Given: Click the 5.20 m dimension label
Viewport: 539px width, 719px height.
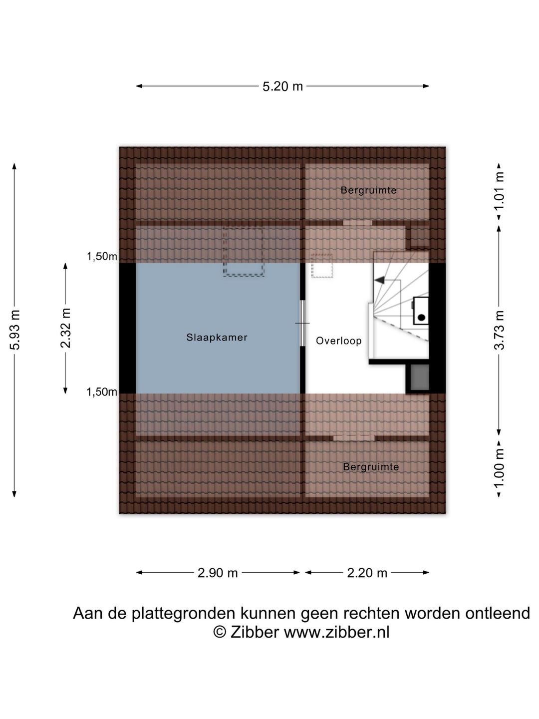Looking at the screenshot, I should (x=282, y=86).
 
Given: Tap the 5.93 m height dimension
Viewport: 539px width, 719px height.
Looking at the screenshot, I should (x=15, y=330).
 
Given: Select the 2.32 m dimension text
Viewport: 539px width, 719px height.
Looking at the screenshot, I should (x=65, y=328).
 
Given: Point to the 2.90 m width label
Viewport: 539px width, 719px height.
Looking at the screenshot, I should (x=218, y=573).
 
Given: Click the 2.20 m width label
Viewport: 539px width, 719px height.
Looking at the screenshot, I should (x=367, y=573).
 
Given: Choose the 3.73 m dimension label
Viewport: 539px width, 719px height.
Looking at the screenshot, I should (x=499, y=330).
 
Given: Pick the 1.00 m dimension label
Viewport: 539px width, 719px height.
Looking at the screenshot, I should (x=499, y=468).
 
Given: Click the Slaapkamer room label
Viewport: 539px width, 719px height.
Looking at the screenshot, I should (x=217, y=338).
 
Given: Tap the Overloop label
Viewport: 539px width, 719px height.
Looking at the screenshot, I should (x=338, y=341).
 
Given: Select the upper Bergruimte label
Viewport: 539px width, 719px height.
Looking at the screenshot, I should (x=368, y=190).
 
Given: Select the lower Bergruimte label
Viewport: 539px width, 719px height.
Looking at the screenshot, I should (x=371, y=467).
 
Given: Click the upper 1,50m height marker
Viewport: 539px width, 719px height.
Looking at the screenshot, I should (x=102, y=257).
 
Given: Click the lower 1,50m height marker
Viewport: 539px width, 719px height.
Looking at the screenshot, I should (x=102, y=392).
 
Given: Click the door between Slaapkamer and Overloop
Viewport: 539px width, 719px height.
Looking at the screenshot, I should (x=302, y=324).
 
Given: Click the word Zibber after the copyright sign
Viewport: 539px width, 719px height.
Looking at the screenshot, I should (x=255, y=632).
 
